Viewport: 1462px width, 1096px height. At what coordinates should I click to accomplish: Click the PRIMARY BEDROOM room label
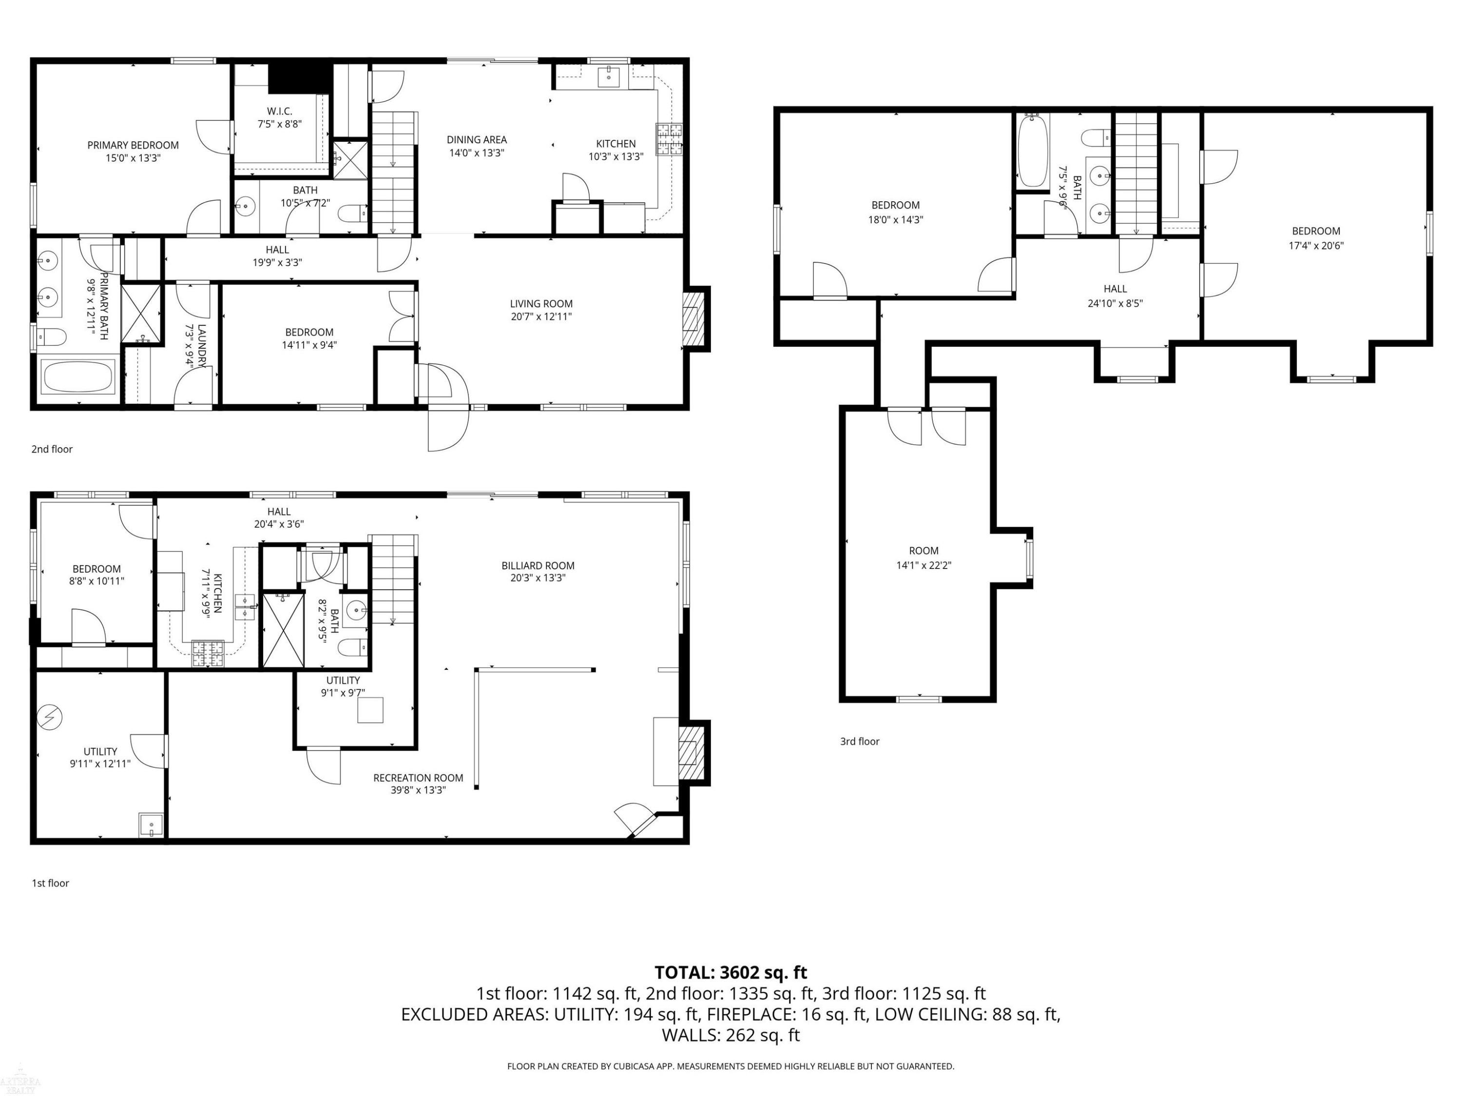133,145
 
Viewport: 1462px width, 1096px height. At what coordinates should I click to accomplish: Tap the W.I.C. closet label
280,111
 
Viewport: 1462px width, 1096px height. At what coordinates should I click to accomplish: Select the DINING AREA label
477,139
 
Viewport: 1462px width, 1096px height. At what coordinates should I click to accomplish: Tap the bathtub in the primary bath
78,377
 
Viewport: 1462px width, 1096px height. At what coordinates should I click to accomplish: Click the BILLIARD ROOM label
538,566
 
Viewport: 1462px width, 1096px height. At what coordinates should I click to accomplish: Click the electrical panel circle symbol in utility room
50,717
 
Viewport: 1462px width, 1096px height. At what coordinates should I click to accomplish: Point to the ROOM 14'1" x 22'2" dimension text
923,566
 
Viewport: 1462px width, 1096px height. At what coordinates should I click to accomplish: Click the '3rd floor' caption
859,741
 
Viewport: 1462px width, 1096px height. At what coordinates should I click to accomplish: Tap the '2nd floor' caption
52,449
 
